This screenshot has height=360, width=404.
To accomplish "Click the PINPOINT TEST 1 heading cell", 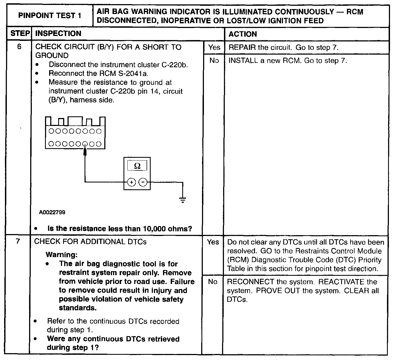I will (x=50, y=16).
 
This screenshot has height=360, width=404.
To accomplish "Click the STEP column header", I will (x=20, y=34).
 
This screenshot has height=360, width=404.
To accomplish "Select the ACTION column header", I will (x=243, y=34).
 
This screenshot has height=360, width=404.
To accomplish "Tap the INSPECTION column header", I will (x=58, y=34).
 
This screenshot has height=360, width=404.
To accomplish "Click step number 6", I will (x=19, y=47).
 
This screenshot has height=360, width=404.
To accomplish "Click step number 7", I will (x=18, y=241).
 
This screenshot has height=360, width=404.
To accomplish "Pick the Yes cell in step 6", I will (x=214, y=47).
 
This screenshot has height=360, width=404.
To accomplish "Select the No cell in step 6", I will (x=214, y=60).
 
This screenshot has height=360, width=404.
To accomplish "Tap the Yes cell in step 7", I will (x=213, y=242).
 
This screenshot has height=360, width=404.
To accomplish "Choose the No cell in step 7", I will (x=213, y=282).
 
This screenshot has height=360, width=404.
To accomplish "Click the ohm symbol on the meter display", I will (x=137, y=166).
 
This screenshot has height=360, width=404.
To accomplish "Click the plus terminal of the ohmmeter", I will (x=132, y=182).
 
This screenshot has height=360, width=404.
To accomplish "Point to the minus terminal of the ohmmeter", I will (x=143, y=182).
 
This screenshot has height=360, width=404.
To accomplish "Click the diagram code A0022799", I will (x=52, y=212).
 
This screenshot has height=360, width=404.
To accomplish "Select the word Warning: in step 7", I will (x=61, y=255).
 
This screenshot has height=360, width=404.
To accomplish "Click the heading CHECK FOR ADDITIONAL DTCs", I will (x=90, y=242).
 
